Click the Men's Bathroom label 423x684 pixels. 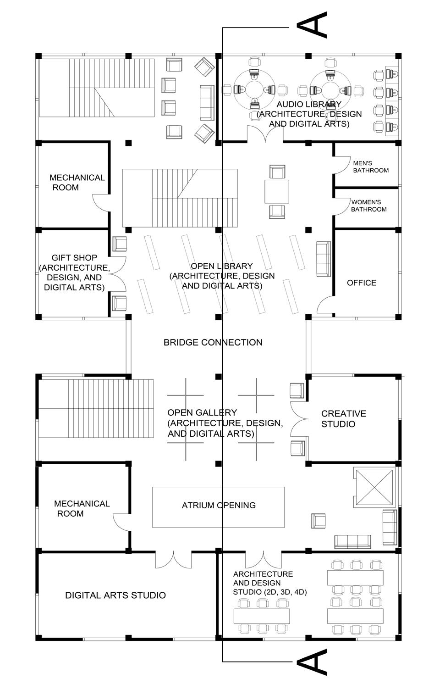click(370, 167)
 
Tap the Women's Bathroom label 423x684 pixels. click(368, 206)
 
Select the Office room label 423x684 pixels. click(362, 283)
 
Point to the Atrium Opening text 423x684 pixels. click(219, 505)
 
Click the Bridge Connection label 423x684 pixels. click(213, 342)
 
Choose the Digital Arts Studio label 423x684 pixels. click(115, 595)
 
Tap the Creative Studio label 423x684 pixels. click(343, 418)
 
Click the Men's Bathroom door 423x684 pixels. click(340, 164)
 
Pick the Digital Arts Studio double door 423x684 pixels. click(173, 559)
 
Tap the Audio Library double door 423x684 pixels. click(265, 133)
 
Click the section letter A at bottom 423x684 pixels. click(312, 662)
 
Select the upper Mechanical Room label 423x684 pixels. click(77, 182)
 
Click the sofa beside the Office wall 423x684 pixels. click(324, 258)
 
